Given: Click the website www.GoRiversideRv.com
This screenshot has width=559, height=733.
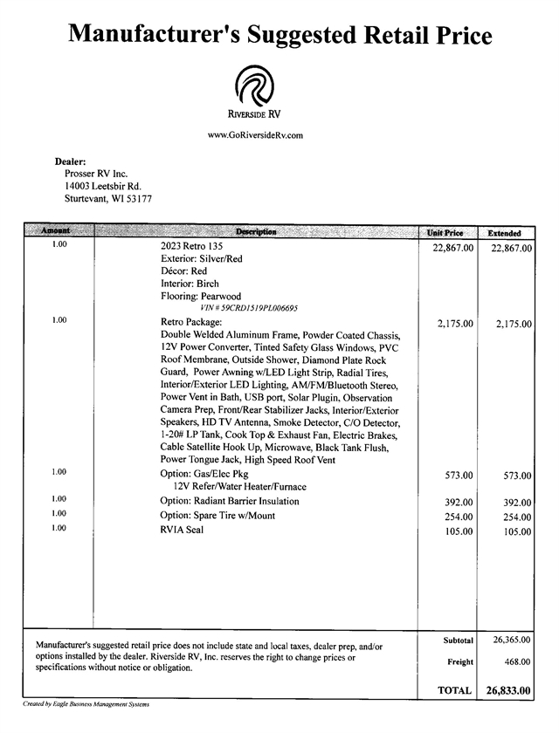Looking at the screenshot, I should point(255,135).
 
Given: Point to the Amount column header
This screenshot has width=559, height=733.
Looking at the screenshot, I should point(55,232).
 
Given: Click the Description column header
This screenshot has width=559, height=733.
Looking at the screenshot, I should point(256,232).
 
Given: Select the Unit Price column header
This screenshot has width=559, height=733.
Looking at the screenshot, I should point(445,233).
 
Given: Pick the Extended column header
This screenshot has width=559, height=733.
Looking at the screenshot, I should point(504,233).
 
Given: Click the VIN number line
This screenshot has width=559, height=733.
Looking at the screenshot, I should point(250,308).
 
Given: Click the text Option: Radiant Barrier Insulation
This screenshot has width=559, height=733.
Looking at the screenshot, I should point(230,502).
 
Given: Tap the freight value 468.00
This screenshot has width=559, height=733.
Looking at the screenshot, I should point(517,661).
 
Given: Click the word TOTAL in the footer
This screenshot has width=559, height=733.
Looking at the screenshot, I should point(454,689).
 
